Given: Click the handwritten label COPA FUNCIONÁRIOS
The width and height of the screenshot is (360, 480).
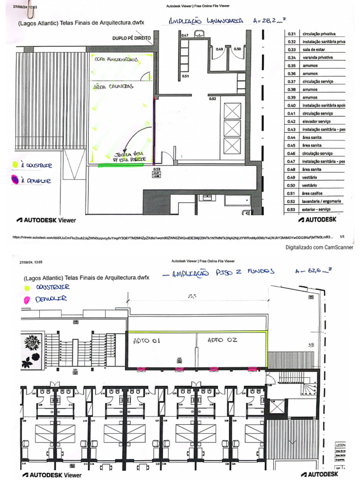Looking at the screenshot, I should click(x=115, y=60).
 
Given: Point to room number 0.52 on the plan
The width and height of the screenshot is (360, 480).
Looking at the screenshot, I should click(x=212, y=98).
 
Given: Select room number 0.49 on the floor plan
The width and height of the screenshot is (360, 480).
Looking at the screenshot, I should click(x=219, y=49).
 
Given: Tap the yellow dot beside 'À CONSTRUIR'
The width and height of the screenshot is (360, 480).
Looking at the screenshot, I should click(x=15, y=165).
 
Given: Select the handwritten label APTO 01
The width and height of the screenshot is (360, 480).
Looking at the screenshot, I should click(x=147, y=341).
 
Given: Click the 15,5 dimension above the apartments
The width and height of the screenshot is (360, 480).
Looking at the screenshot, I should click(x=191, y=296).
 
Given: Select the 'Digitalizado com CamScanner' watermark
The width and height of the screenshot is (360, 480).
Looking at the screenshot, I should click(x=320, y=247).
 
